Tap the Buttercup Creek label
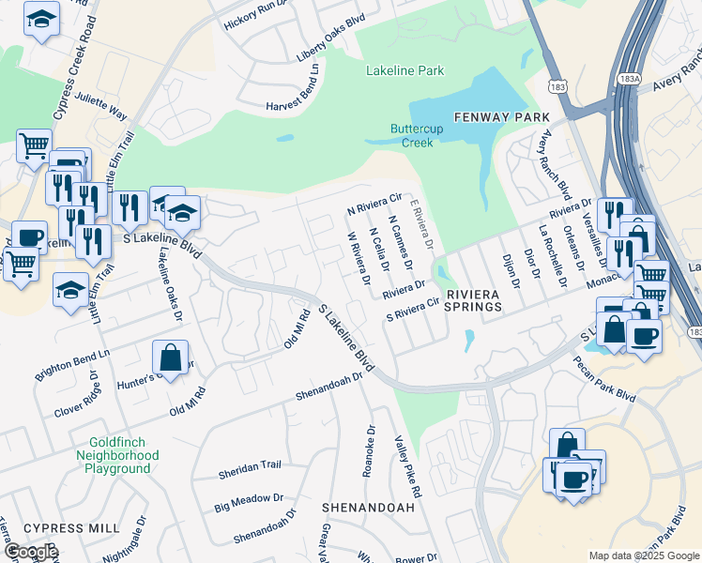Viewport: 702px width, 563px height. point(412,136)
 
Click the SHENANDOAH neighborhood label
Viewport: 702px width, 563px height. point(368,507)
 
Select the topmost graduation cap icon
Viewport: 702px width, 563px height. point(41,20)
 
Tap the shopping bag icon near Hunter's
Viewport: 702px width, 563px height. point(170,358)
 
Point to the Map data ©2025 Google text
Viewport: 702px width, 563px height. point(643,555)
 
